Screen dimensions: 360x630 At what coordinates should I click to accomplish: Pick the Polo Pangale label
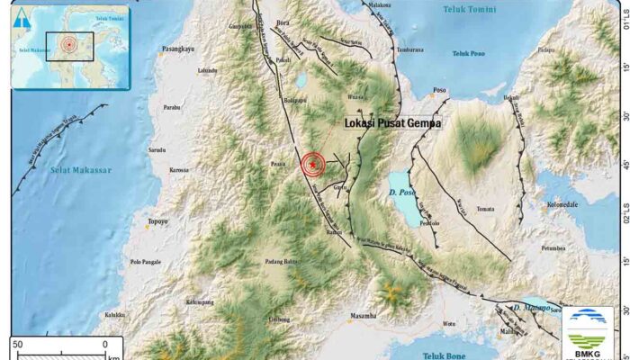[148, 262]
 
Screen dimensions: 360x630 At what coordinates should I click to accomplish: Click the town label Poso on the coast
[440, 90]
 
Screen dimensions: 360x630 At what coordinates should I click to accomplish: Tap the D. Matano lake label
[530, 308]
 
